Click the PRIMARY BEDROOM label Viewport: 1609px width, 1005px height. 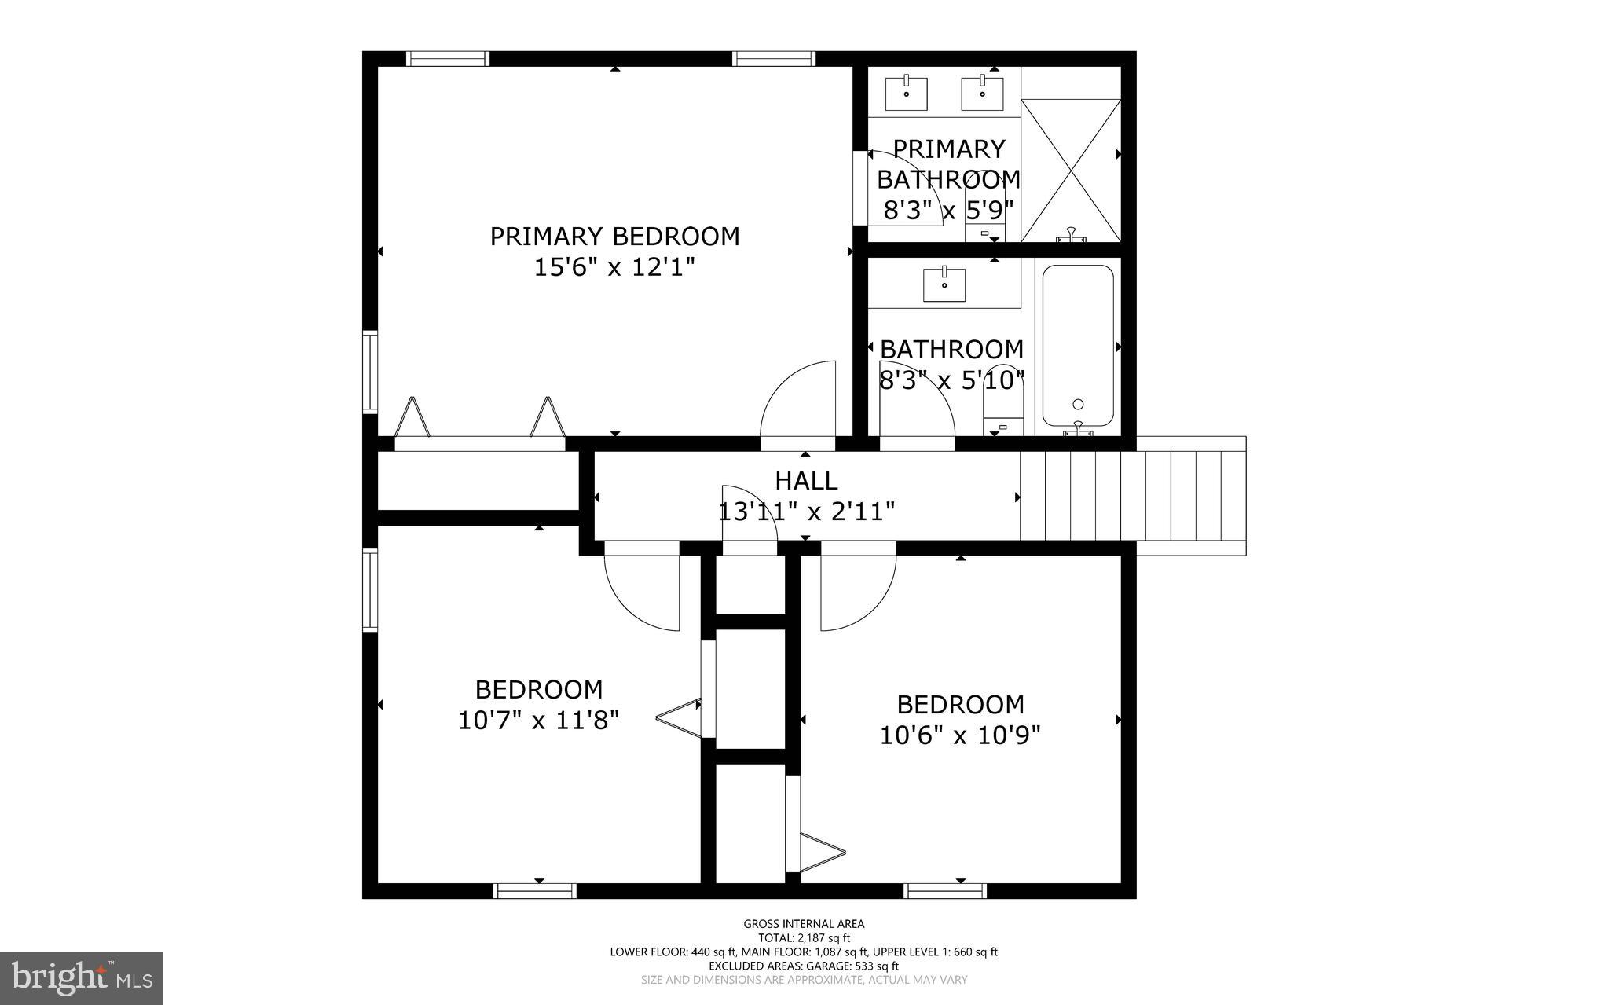[614, 237]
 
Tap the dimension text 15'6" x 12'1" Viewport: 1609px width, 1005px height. [614, 268]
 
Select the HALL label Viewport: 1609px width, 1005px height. [806, 480]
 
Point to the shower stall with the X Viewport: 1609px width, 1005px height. [1070, 170]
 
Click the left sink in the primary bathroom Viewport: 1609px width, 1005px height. [907, 93]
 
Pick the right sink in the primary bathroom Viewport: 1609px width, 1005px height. [983, 93]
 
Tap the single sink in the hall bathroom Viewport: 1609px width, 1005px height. [944, 284]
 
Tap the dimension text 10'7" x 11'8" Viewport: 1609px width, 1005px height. [539, 721]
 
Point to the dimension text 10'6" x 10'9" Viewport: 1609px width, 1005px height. [960, 735]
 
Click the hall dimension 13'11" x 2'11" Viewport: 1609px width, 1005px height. [807, 512]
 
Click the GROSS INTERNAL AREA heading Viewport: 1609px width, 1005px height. [804, 924]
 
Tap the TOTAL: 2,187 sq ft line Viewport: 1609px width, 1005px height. [804, 938]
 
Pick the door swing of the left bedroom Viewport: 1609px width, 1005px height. [643, 593]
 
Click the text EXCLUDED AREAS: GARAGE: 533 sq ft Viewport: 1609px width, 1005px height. [804, 966]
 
